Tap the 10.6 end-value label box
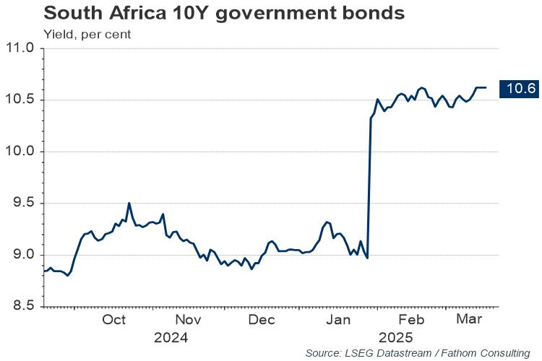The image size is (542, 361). tap(520, 88)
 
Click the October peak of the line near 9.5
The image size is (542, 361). tap(129, 204)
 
